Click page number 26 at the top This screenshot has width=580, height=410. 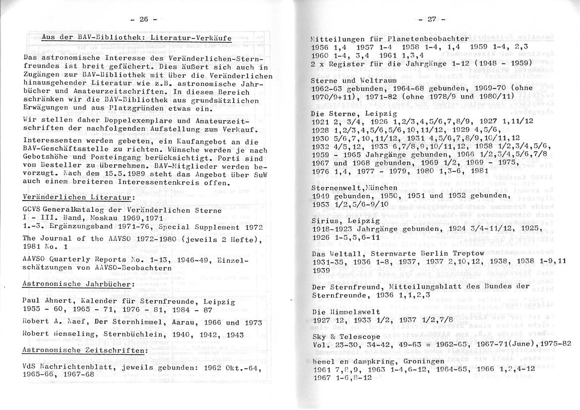coord(143,19)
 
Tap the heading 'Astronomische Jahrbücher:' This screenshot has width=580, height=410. coord(78,284)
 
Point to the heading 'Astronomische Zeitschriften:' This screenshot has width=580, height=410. coord(85,350)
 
